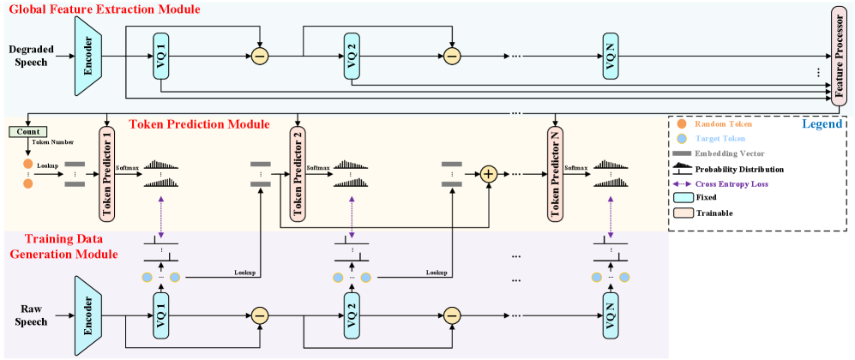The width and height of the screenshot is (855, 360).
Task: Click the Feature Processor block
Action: (839, 56)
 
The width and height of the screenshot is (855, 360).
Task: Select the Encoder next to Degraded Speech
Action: (87, 57)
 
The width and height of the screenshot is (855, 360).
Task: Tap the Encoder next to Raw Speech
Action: (87, 315)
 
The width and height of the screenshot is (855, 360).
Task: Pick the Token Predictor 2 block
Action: (298, 173)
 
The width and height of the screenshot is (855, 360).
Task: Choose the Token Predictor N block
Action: (555, 173)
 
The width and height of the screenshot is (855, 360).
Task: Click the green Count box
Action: (27, 132)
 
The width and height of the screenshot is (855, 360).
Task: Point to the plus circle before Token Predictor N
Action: (489, 174)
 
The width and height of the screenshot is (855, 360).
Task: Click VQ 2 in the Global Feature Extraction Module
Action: (352, 57)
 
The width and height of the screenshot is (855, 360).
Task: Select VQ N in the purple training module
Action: (611, 315)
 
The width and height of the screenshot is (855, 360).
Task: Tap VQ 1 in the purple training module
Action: (160, 315)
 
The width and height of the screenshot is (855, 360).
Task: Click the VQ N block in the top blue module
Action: (611, 57)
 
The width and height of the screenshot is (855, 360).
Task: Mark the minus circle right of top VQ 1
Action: (260, 57)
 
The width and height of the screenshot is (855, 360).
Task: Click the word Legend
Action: (822, 124)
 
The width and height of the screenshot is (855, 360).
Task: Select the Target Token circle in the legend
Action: (682, 138)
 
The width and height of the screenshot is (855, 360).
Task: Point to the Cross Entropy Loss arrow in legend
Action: (683, 183)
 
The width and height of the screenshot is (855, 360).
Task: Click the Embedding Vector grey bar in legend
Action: (683, 153)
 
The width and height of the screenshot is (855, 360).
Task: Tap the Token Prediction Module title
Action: (199, 124)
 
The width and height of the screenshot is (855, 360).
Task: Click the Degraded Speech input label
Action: (32, 57)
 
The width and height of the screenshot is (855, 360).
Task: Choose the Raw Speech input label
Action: (32, 315)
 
